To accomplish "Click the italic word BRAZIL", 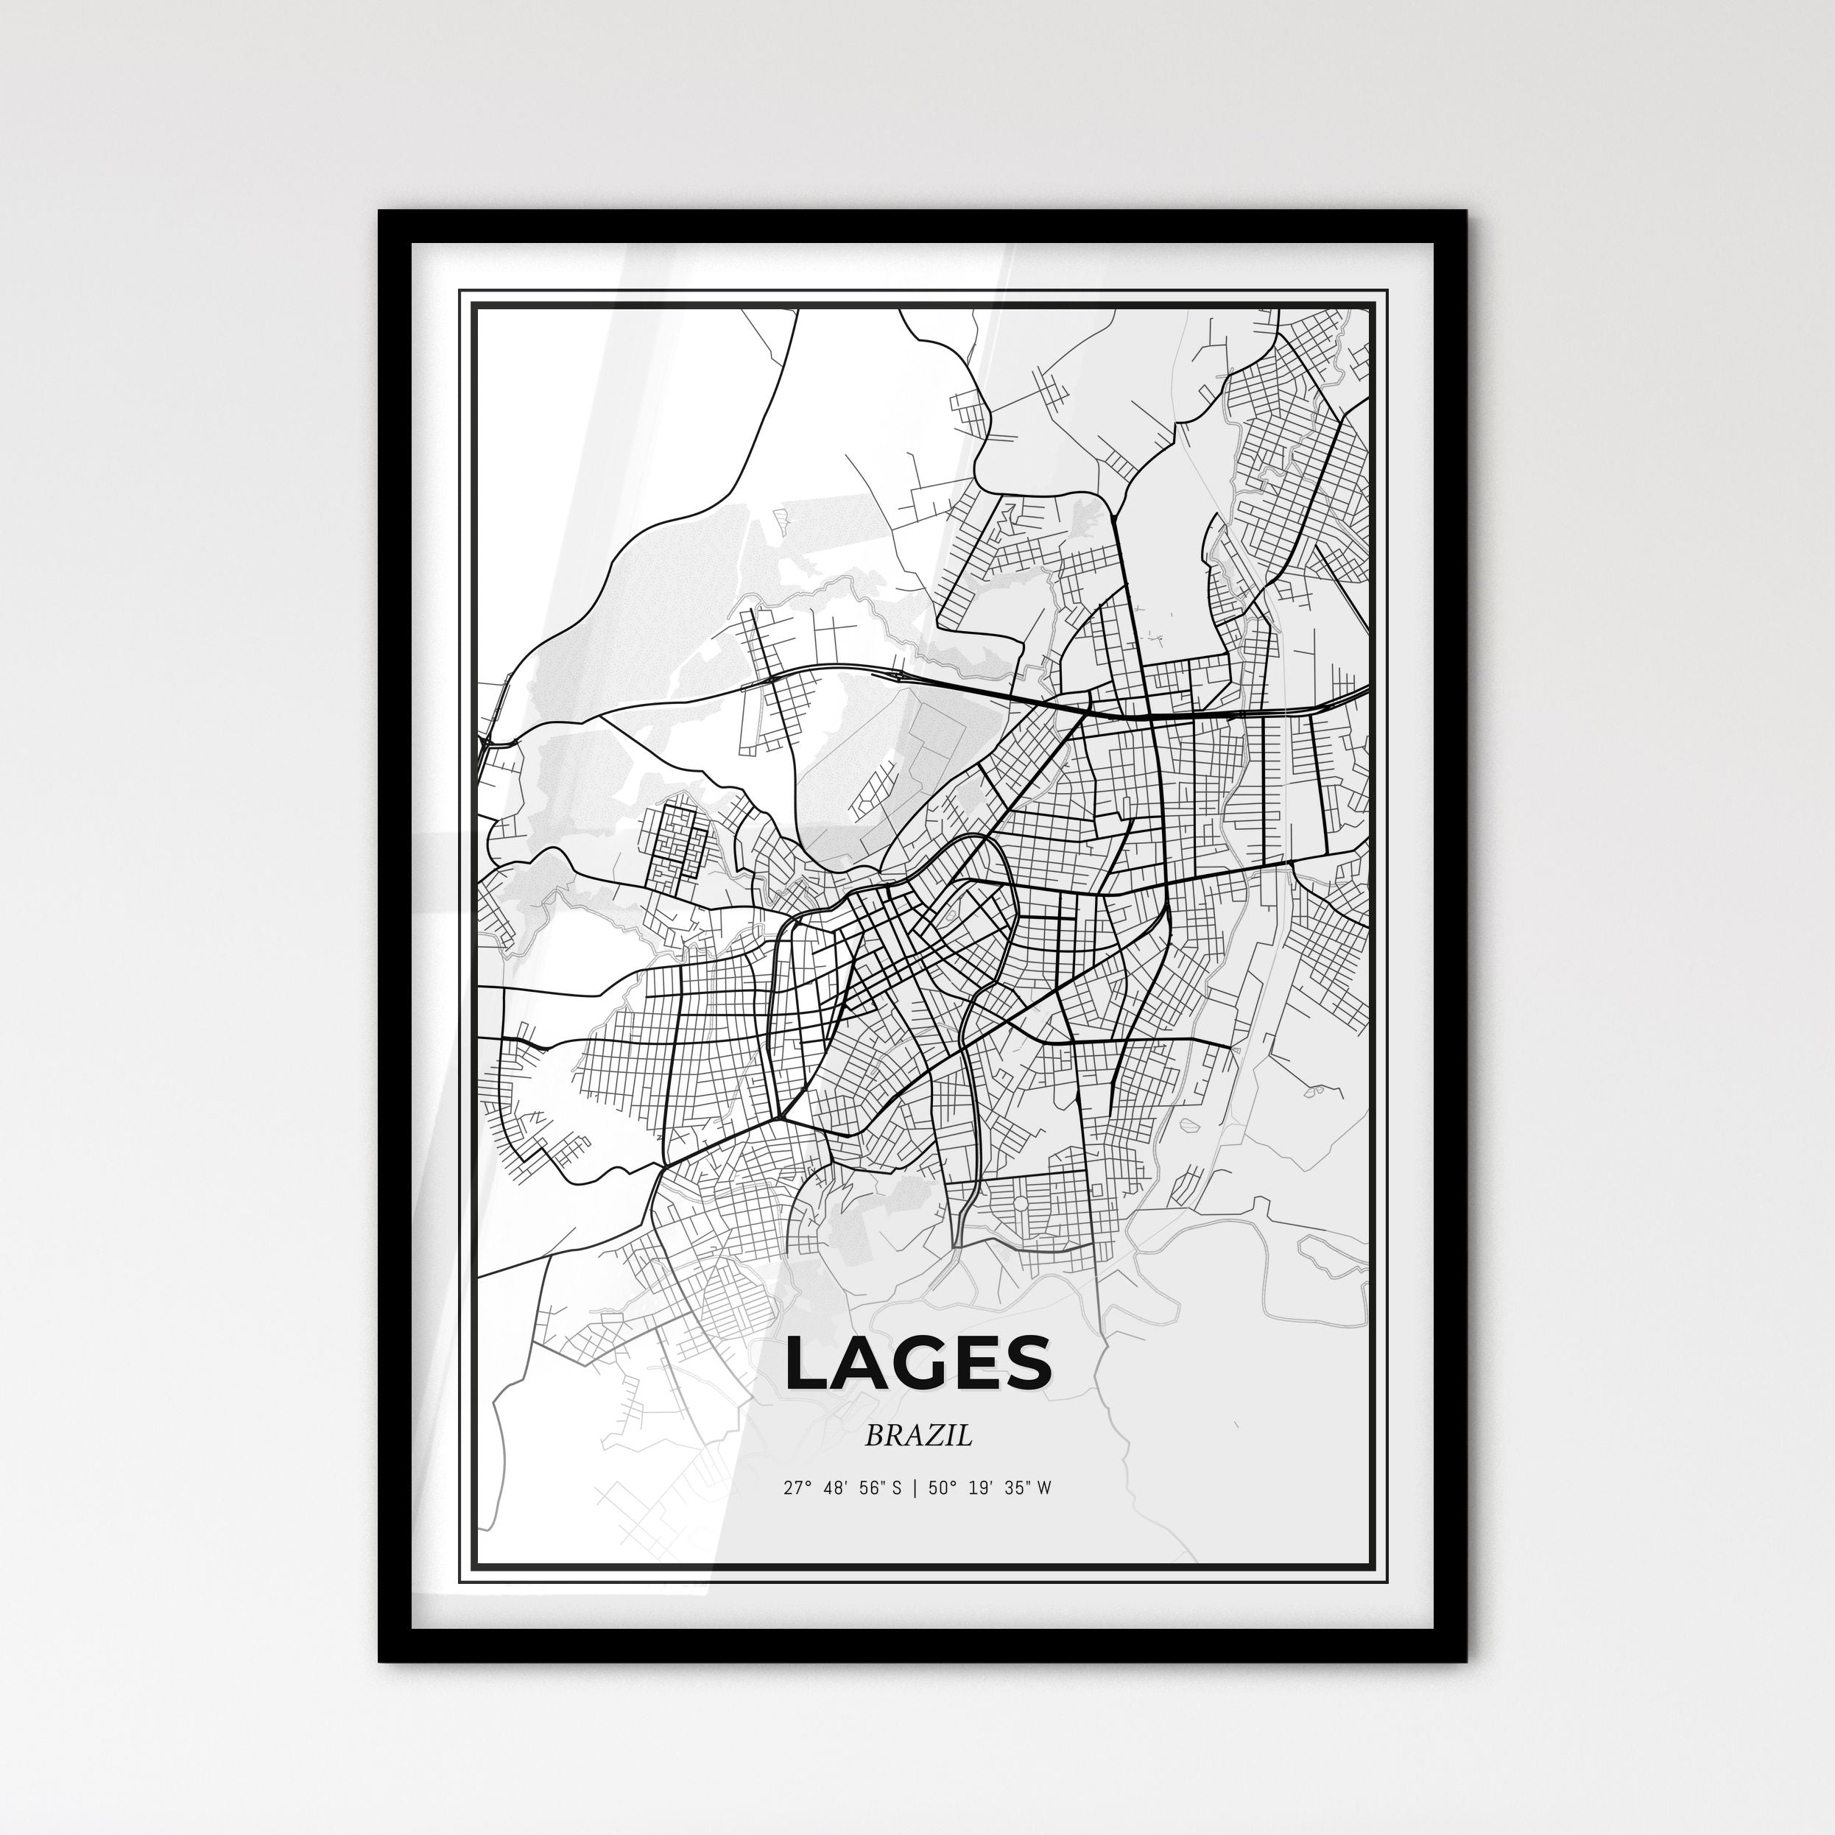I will (x=918, y=1436).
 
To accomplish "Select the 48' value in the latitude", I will (x=835, y=1488).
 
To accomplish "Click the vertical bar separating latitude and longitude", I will (x=914, y=1488).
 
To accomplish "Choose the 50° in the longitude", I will (x=943, y=1488).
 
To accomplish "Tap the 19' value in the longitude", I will (x=981, y=1488).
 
